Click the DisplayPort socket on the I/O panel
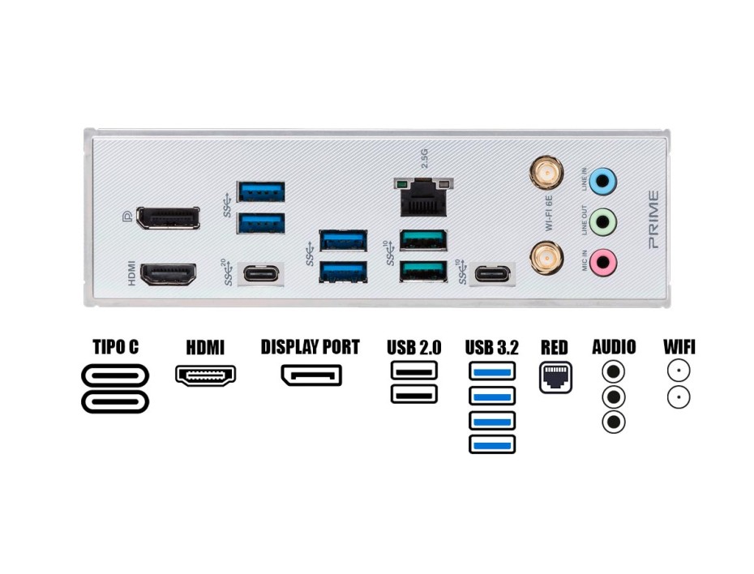168,218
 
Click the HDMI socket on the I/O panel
168,274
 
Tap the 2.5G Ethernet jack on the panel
422,198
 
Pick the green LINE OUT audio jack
602,220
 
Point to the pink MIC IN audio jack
602,261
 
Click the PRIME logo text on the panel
653,219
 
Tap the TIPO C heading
114,348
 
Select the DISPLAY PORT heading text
310,348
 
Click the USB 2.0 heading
413,349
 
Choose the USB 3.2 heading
491,349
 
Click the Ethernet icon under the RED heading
555,377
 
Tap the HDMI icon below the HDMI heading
205,375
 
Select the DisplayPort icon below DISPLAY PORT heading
311,375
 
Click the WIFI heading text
679,348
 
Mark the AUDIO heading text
614,348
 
